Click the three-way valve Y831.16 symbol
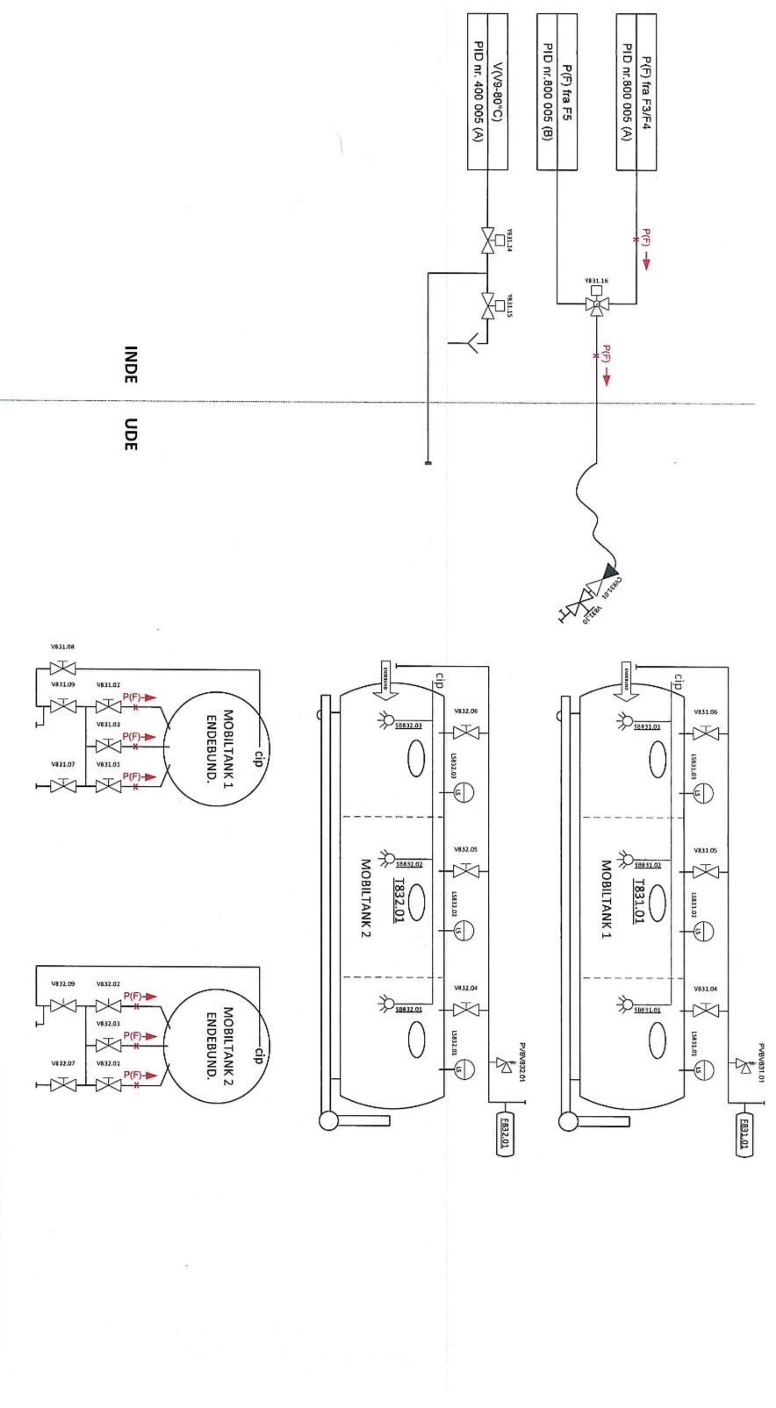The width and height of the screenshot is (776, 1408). point(597,304)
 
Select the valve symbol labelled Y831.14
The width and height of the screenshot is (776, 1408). point(487,239)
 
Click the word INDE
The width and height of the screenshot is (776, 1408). point(130,364)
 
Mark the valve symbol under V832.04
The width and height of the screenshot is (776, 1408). point(466,1009)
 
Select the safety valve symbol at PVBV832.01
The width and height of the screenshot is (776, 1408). point(504,1063)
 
